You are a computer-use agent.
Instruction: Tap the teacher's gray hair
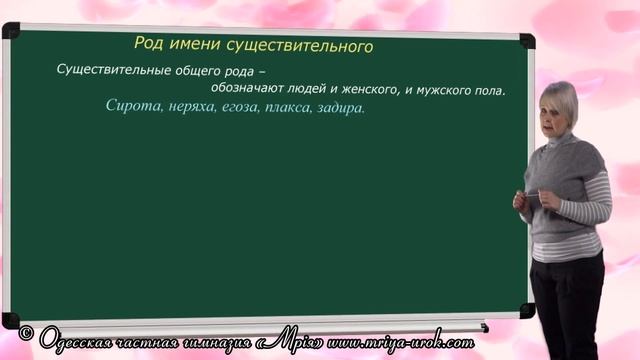(559, 93)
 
